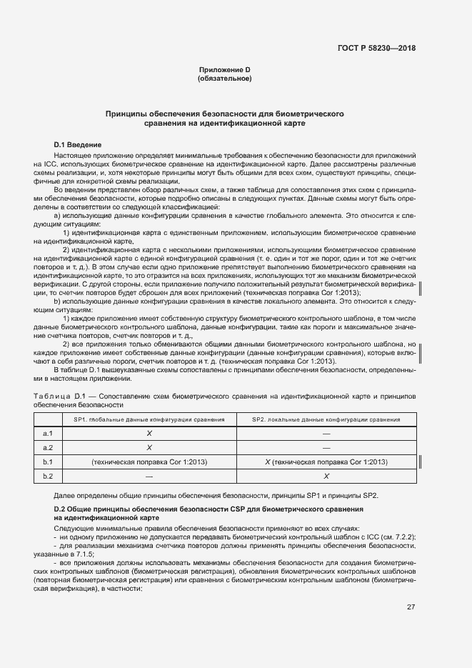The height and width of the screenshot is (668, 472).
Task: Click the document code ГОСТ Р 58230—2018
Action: (x=376, y=48)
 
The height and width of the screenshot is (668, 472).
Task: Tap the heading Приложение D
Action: (x=224, y=69)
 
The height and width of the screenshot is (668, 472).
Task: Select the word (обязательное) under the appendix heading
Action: (x=224, y=78)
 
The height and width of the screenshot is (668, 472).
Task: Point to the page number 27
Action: (x=411, y=607)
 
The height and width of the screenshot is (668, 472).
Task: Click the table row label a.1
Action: (x=49, y=434)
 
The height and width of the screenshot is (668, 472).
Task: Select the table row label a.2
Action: (x=49, y=448)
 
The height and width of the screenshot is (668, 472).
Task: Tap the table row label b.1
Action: (x=49, y=462)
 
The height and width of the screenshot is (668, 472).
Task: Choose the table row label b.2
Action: (x=49, y=476)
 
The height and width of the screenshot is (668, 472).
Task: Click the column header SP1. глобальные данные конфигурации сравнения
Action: (x=150, y=419)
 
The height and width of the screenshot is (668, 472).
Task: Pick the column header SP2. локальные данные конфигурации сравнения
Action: (x=326, y=419)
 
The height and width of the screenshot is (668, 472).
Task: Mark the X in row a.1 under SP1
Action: (x=150, y=434)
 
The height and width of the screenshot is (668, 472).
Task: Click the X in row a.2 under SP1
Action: (x=150, y=448)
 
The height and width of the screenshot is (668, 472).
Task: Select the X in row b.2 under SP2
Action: (x=326, y=476)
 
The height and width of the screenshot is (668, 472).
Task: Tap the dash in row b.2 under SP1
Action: (x=150, y=476)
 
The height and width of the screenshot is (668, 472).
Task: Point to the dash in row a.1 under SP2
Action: (x=326, y=434)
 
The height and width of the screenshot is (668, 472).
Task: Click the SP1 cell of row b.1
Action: (x=150, y=462)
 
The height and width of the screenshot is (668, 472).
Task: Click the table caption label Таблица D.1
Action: (x=60, y=396)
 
